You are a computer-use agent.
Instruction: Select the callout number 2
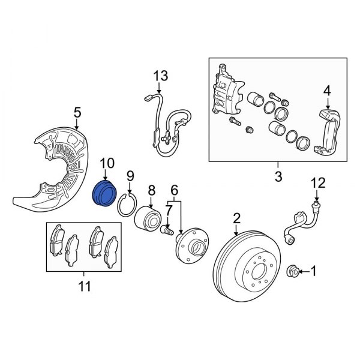click(x=236, y=217)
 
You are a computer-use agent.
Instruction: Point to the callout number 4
click(x=327, y=91)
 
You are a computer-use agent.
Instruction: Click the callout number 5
click(x=77, y=111)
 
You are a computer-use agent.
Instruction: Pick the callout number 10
click(x=106, y=163)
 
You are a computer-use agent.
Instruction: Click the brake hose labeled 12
click(x=300, y=222)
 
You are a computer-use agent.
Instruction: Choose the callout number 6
click(x=175, y=189)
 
